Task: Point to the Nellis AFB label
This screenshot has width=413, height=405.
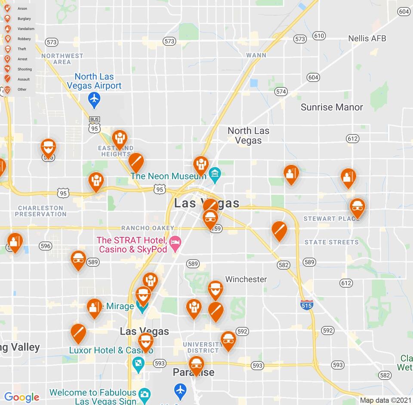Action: (367, 38)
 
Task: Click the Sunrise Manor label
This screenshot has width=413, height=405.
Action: (332, 107)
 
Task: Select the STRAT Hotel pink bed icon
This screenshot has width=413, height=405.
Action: (175, 242)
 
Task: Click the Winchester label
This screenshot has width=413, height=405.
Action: (246, 279)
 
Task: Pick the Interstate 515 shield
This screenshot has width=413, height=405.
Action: (307, 305)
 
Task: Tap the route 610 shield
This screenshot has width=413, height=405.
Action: (319, 36)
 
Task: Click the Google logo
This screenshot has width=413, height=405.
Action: (22, 397)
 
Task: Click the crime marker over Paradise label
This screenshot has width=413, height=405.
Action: (197, 365)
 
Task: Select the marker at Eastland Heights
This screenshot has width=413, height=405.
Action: (120, 139)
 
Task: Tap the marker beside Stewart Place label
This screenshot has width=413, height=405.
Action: (357, 208)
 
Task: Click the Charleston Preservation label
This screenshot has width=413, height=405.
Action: (41, 211)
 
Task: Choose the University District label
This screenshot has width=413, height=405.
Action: (203, 347)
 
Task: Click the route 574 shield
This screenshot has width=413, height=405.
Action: (281, 92)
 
